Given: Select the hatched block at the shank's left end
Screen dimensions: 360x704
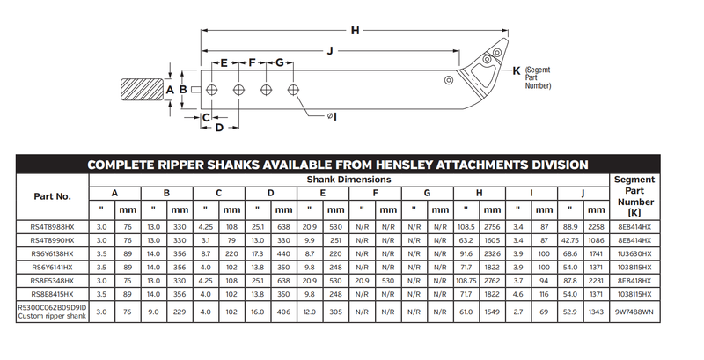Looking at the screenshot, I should click(140, 90).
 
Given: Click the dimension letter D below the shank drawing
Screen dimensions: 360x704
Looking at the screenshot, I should click(219, 129).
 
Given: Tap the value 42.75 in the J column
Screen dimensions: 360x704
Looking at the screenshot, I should click(569, 239).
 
